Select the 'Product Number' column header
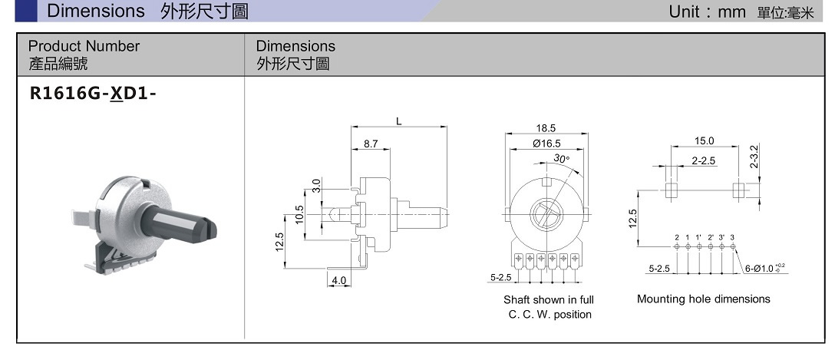(x=84, y=46)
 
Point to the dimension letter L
(x=399, y=121)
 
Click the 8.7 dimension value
(x=371, y=144)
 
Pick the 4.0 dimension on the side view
(x=338, y=281)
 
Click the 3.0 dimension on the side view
(x=315, y=185)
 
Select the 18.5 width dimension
(x=546, y=128)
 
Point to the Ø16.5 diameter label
(x=546, y=144)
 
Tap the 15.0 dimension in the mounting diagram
(x=704, y=140)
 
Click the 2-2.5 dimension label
(x=703, y=160)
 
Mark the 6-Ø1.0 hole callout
(x=764, y=268)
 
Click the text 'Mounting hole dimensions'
(x=703, y=299)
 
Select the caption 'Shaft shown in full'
(x=548, y=299)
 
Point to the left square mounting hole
(x=671, y=188)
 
